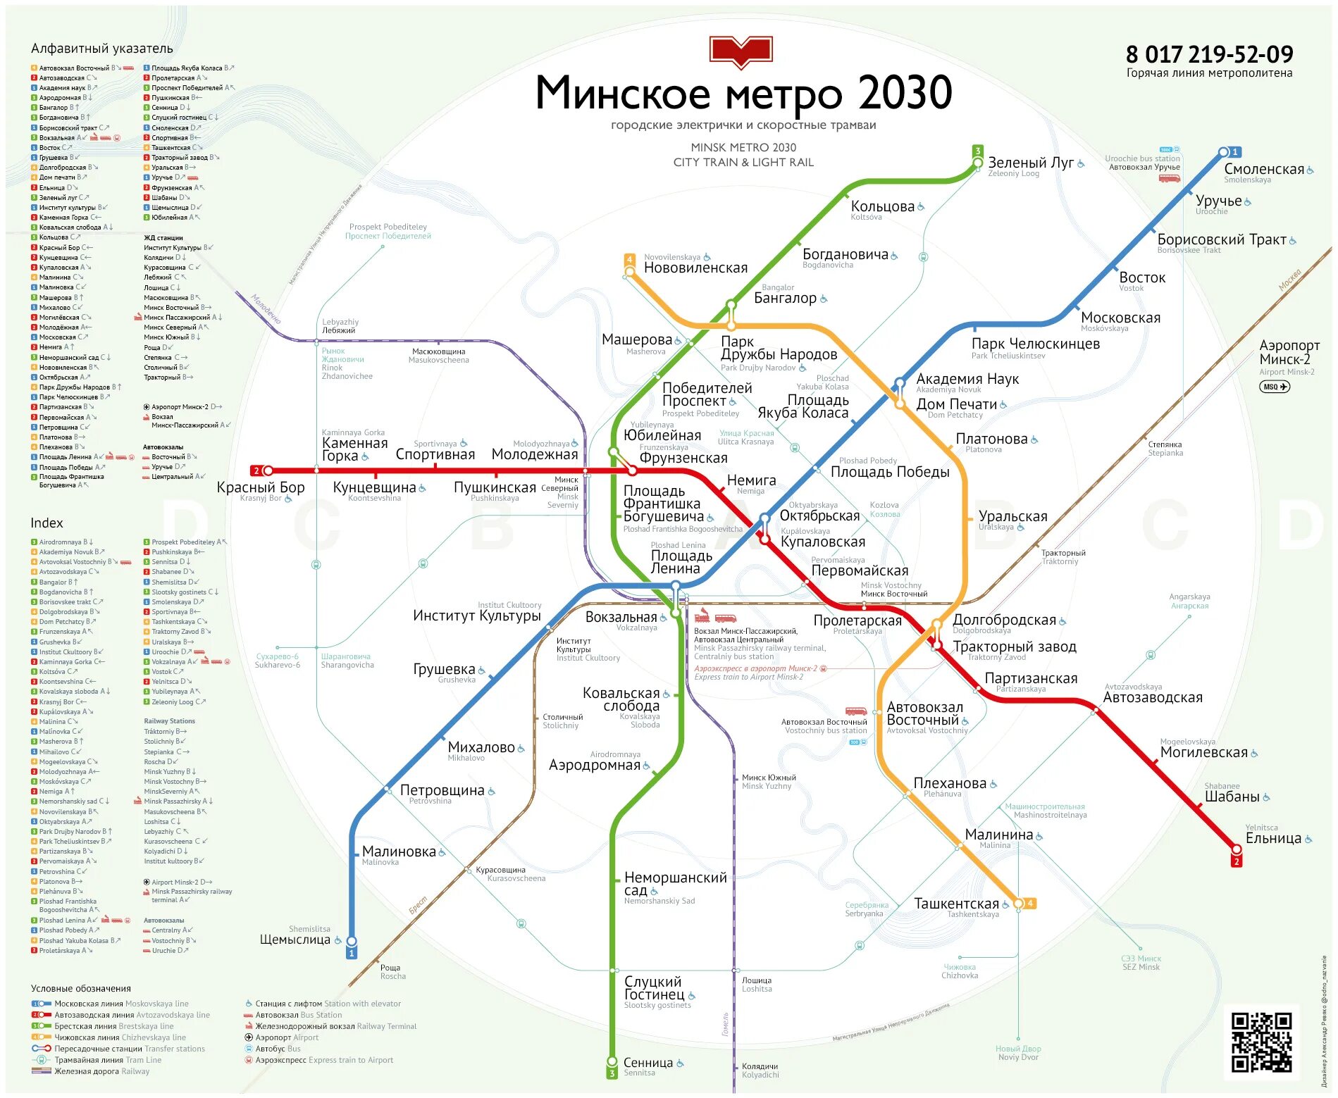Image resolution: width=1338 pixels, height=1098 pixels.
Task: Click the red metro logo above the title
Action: [x=741, y=51]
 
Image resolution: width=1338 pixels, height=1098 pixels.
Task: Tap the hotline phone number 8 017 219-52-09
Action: [x=1208, y=54]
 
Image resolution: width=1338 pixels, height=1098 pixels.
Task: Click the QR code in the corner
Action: [x=1260, y=1042]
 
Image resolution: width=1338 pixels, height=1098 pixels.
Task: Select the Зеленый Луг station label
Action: [x=1030, y=163]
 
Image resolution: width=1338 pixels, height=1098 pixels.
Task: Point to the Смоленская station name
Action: [x=1264, y=169]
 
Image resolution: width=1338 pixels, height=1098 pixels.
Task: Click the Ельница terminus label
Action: [x=1272, y=838]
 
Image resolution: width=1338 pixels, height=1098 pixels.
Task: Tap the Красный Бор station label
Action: [x=261, y=487]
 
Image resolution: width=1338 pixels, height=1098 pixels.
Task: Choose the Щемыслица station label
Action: [x=295, y=940]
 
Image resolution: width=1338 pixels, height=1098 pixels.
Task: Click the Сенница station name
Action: [x=648, y=1063]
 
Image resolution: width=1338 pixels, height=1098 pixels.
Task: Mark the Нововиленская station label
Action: [x=695, y=268]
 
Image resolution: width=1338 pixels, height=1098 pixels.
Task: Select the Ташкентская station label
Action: [x=956, y=904]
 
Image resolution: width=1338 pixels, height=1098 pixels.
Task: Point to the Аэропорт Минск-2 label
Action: [x=1289, y=352]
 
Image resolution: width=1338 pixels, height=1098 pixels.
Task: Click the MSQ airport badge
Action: [x=1274, y=387]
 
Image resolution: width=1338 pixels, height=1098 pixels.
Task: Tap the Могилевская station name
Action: [x=1203, y=752]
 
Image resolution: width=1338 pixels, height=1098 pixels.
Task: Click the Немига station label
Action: [x=751, y=480]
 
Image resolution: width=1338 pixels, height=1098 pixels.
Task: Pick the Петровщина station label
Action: [x=442, y=790]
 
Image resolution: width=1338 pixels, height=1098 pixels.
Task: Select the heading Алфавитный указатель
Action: [x=102, y=49]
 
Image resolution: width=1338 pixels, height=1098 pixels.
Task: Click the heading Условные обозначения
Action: [x=81, y=988]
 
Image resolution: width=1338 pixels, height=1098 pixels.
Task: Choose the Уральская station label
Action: [x=1012, y=516]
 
